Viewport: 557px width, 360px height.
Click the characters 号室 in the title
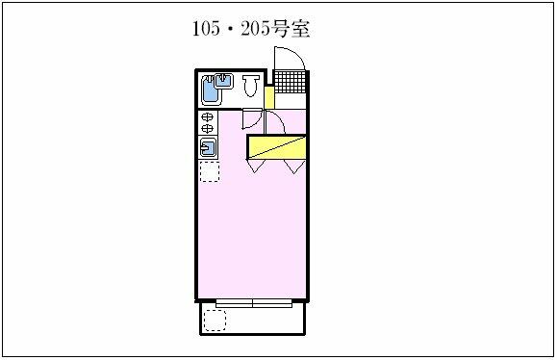[x=291, y=29]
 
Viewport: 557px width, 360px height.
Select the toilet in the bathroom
[x=251, y=86]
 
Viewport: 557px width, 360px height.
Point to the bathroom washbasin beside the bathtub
[x=224, y=81]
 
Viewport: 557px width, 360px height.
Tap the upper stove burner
[x=207, y=116]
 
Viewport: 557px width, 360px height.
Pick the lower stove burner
[x=207, y=128]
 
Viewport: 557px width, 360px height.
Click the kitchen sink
[x=208, y=147]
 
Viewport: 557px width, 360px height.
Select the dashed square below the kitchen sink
[x=209, y=171]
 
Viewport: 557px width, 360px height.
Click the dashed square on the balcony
[x=215, y=321]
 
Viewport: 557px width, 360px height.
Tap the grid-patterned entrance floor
[x=290, y=82]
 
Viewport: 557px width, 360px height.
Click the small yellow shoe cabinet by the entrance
[x=269, y=97]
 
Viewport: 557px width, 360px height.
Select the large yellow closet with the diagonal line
[x=277, y=147]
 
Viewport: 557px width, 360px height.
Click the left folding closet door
[x=256, y=166]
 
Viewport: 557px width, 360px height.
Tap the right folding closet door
[x=294, y=167]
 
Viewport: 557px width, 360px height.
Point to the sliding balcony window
[x=254, y=303]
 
